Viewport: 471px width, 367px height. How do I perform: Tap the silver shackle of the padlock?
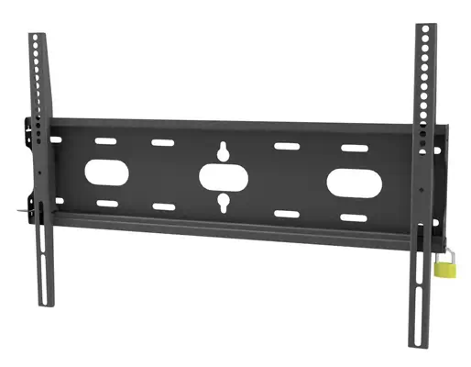pyautogui.click(x=447, y=250)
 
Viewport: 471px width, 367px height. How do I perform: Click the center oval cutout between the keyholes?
pyautogui.click(x=223, y=175)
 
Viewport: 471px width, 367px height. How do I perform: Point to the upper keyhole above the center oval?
pyautogui.click(x=223, y=150)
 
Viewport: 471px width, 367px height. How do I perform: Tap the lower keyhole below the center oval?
pyautogui.click(x=223, y=203)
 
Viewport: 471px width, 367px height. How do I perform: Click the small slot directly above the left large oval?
pyautogui.click(x=107, y=140)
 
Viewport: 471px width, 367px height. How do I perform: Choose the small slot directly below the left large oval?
pyautogui.click(x=107, y=203)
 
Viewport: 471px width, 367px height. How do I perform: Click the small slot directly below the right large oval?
pyautogui.click(x=352, y=217)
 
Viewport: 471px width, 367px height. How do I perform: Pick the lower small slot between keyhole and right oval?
pyautogui.click(x=287, y=214)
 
